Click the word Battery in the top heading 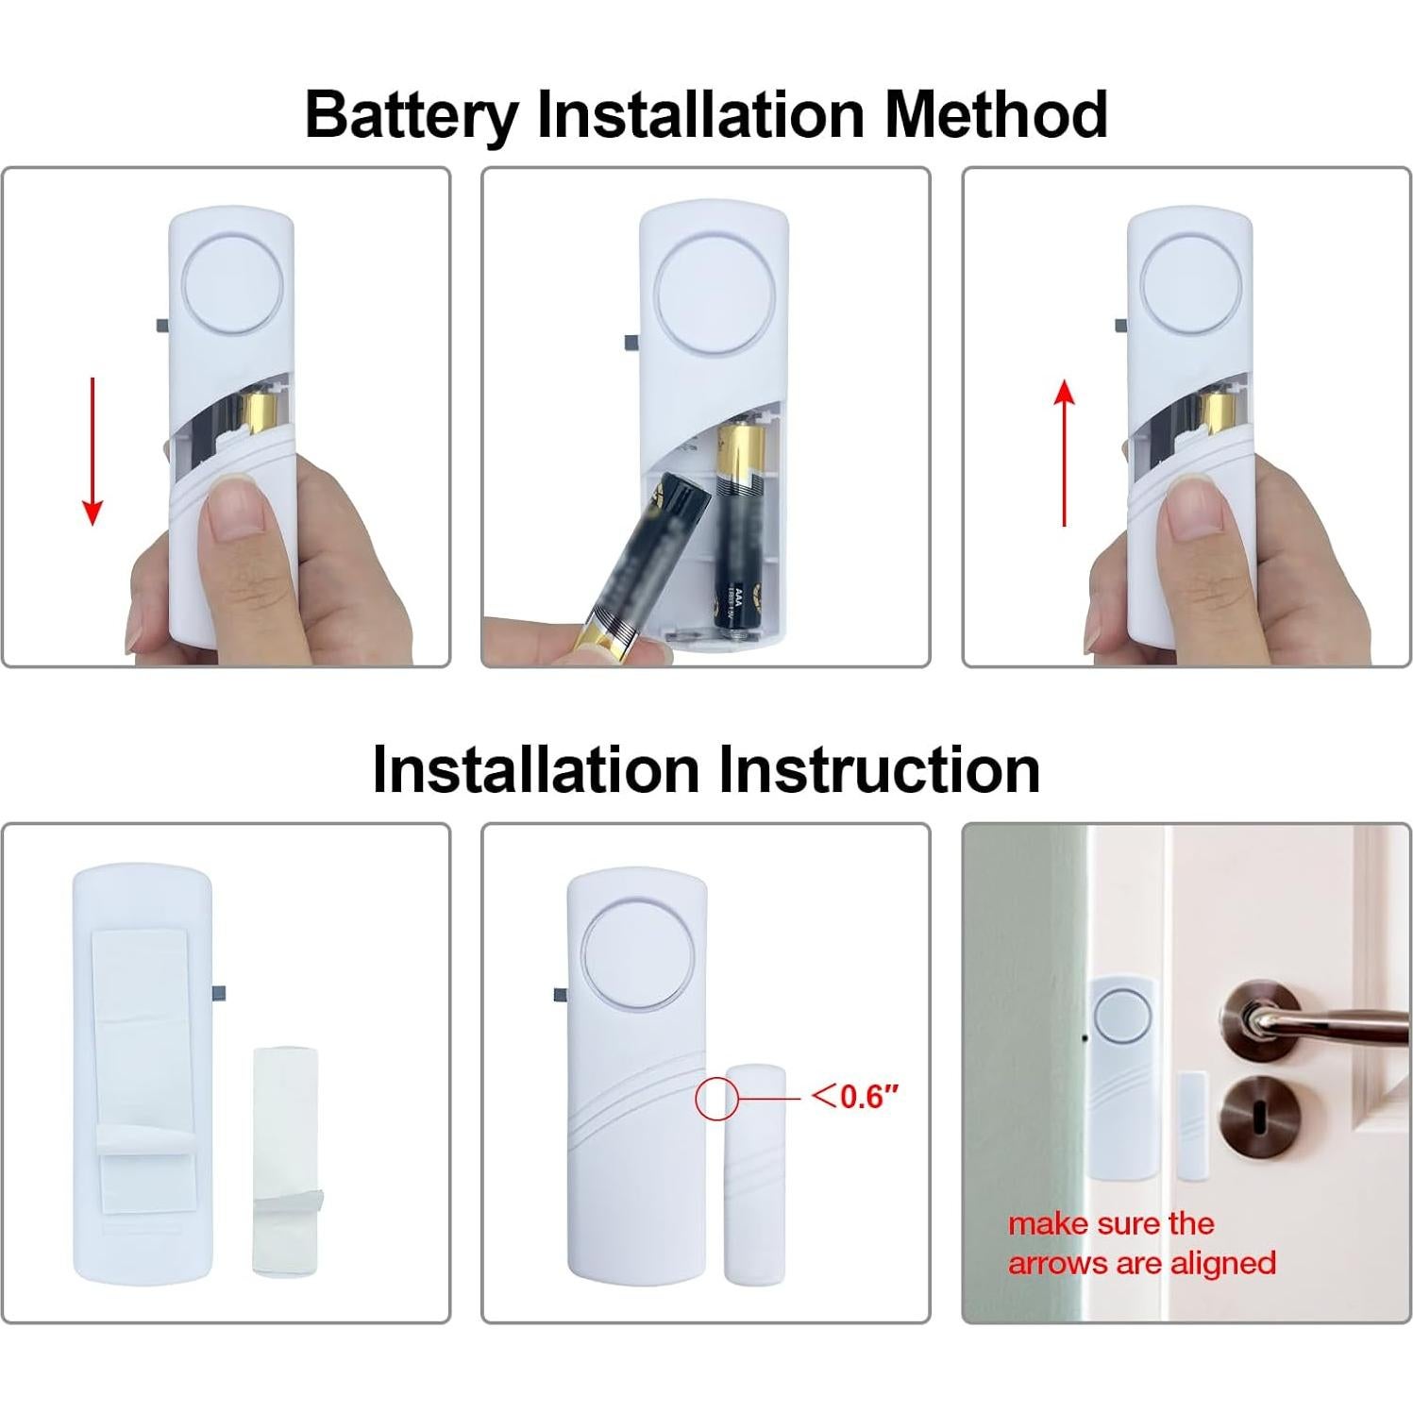[412, 115]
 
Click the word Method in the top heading [995, 115]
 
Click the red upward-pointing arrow [1065, 453]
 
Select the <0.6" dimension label [855, 1097]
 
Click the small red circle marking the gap [716, 1099]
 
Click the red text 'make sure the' [1111, 1224]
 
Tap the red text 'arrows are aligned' [1142, 1263]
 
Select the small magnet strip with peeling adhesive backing [287, 1161]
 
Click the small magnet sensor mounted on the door [1193, 1125]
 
